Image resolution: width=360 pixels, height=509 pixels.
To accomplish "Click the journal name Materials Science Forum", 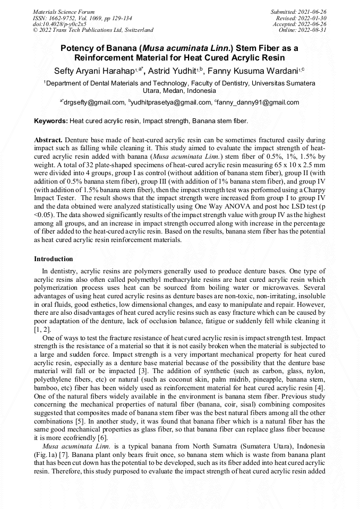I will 64,11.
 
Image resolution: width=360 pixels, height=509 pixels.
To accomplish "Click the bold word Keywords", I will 50,121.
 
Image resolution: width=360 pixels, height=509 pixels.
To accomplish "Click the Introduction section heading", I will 54,259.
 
